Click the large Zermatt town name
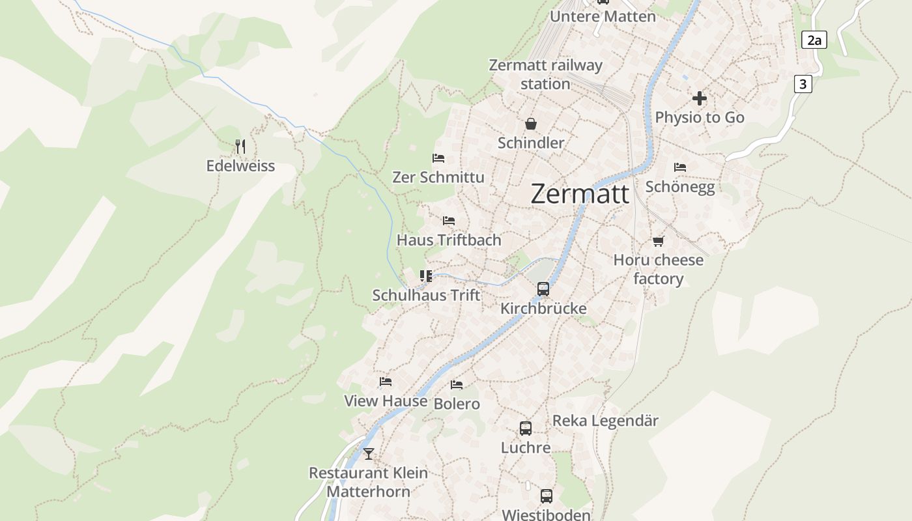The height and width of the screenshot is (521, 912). [580, 194]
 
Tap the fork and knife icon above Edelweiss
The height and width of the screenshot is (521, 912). [240, 147]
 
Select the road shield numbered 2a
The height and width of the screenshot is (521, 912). [814, 40]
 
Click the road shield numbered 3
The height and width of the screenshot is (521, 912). [803, 84]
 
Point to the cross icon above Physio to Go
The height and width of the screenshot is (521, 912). [700, 98]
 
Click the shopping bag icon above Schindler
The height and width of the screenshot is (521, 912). [531, 124]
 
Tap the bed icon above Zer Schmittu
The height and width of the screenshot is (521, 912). [438, 158]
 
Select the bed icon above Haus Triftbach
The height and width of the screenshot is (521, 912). [449, 221]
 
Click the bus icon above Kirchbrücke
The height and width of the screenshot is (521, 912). [543, 289]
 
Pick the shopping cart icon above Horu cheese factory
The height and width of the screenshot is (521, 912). [659, 242]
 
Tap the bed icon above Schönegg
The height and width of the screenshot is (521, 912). [680, 167]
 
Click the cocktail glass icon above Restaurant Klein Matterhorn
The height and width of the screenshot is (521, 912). [369, 454]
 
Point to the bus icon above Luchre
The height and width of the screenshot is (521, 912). [526, 429]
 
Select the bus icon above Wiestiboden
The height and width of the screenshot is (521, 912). [547, 496]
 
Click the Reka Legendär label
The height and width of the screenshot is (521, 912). [605, 421]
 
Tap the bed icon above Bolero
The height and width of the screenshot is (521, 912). [457, 385]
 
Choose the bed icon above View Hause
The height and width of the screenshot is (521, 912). [386, 382]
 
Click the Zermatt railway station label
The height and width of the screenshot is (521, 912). [546, 74]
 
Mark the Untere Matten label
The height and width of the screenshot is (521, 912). [603, 16]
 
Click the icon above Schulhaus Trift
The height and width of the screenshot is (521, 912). [426, 276]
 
